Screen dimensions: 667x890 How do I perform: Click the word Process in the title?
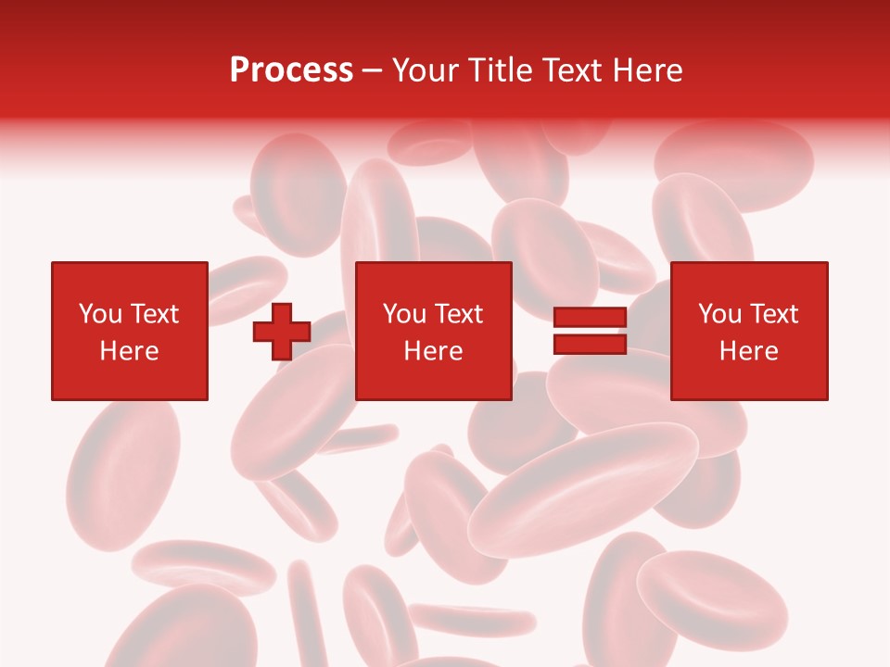pos(291,70)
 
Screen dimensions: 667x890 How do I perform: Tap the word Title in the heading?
pos(500,70)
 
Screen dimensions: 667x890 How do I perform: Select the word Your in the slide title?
pos(426,70)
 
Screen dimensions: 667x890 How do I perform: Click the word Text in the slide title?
pos(568,70)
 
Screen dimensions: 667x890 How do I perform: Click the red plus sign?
pos(282,332)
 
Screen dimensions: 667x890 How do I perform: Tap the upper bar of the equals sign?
pos(590,318)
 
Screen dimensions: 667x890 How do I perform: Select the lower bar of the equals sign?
pos(590,344)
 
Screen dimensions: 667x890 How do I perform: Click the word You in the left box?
pos(100,314)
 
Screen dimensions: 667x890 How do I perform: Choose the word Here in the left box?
pos(129,351)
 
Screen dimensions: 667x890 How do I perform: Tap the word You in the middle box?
pos(404,314)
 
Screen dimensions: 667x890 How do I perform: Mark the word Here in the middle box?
pos(433,351)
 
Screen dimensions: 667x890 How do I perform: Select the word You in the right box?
pos(719,314)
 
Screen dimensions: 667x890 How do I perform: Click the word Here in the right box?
pos(748,351)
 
